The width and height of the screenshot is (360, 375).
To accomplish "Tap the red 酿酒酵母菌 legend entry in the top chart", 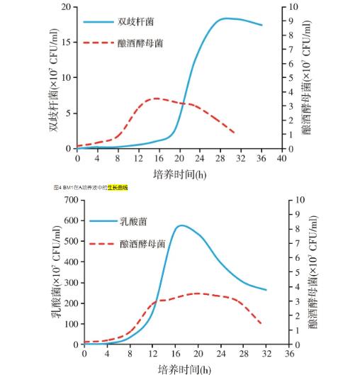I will [141, 43].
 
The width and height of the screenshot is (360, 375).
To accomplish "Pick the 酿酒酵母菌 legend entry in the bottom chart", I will [141, 243].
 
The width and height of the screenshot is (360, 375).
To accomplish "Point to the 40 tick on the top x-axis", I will [282, 157].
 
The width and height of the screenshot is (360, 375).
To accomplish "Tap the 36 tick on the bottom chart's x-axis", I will [289, 353].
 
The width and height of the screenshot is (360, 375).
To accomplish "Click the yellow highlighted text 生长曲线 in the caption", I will [117, 188].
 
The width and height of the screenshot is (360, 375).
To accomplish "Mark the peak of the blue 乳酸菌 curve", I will [182, 225].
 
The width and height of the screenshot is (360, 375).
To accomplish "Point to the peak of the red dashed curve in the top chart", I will [155, 99].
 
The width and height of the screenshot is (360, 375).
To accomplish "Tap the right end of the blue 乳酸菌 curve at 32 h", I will [266, 289].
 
